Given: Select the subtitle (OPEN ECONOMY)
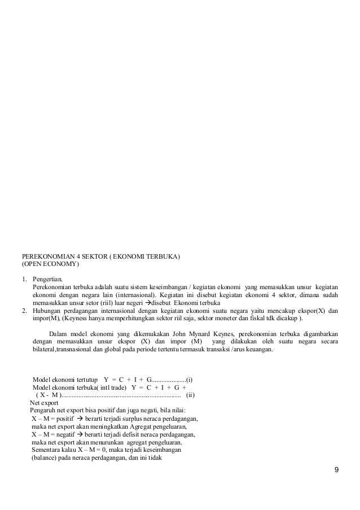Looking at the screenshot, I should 51,264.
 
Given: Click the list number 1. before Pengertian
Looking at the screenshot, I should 24,279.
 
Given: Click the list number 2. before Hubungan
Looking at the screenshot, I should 24,311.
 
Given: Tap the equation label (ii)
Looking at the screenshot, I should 190,395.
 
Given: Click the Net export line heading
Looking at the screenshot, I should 45,403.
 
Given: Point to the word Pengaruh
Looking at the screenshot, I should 44,411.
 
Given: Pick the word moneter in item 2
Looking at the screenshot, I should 227,319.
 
